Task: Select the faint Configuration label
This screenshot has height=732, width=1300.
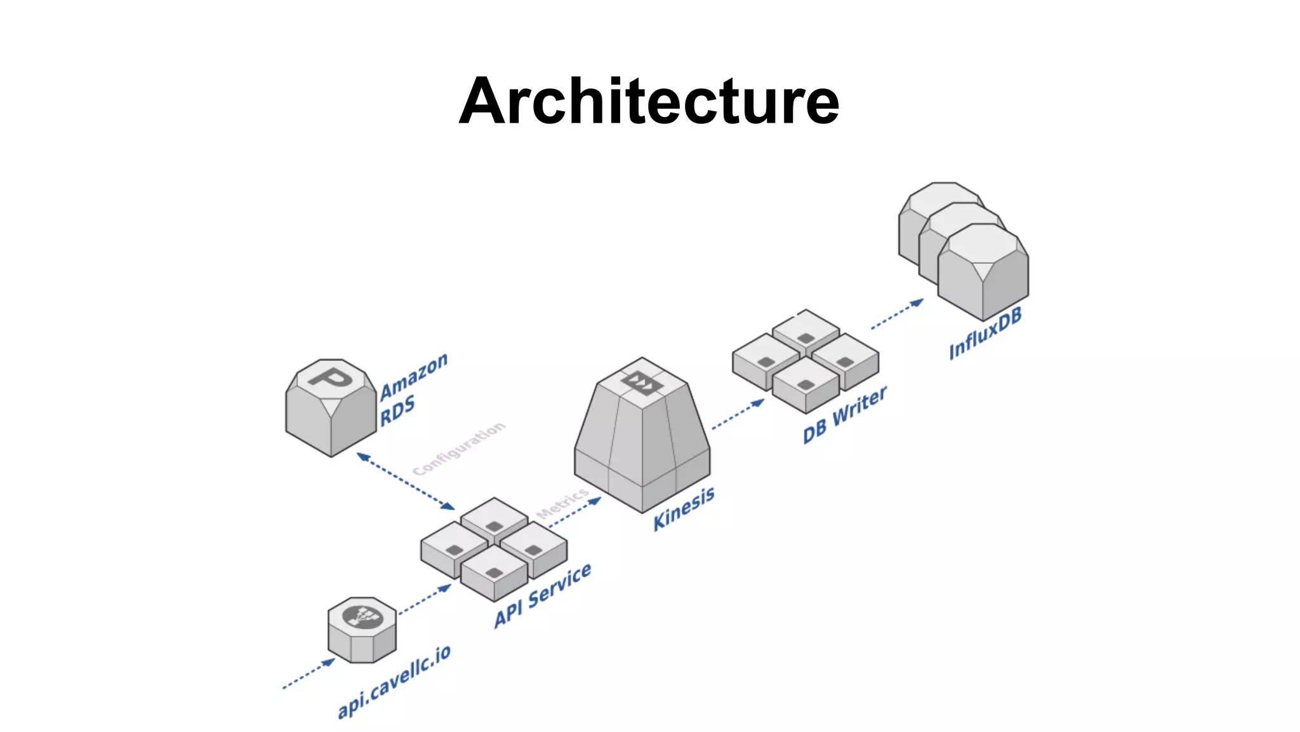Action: pos(458,448)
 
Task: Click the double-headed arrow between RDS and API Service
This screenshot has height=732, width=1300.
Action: pos(406,481)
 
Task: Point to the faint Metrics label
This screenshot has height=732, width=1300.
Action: pos(562,503)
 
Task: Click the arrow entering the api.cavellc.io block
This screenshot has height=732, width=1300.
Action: pos(308,674)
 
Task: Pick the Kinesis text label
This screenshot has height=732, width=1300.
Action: pos(684,508)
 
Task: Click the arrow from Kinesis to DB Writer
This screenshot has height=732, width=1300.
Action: pos(738,415)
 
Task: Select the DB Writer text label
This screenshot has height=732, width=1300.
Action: pos(844,415)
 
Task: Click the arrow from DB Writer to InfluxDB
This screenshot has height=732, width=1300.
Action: pos(897,314)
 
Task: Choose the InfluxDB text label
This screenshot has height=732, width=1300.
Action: pos(985,334)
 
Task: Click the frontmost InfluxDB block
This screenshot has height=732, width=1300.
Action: pos(983,273)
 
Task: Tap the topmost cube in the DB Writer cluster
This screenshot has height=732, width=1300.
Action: pos(806,330)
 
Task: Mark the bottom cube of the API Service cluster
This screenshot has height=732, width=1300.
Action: pos(494,573)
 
